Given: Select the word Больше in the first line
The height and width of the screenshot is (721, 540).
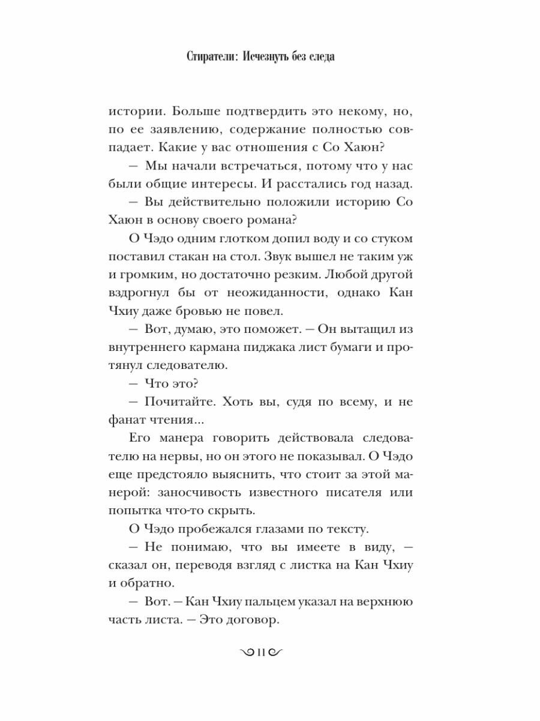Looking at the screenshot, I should coord(188,112).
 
